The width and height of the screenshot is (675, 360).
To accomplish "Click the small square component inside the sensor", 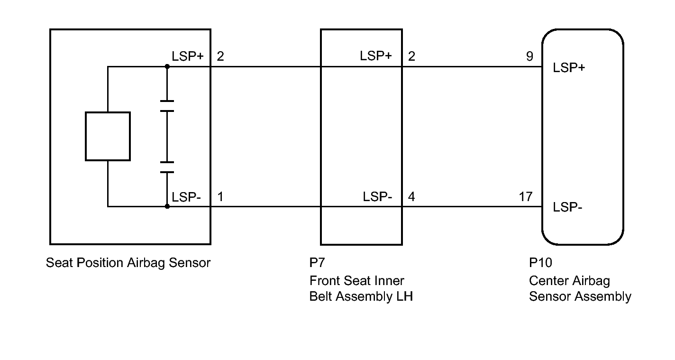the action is [x=108, y=136].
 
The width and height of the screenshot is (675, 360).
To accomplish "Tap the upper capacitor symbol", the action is [x=167, y=106].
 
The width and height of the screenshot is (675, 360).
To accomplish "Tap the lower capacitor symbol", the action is [x=167, y=167].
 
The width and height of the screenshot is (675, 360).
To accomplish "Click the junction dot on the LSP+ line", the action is [x=167, y=66].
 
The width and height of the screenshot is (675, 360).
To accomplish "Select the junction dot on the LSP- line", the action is [x=167, y=206].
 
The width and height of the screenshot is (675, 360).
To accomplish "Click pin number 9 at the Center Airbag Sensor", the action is [x=529, y=56].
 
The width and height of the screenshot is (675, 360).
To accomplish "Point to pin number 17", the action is [x=526, y=196].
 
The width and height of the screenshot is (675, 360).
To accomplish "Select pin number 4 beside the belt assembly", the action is [x=411, y=196].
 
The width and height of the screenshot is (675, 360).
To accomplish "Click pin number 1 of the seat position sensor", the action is [x=220, y=196].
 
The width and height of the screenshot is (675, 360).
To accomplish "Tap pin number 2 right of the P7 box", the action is [x=411, y=56].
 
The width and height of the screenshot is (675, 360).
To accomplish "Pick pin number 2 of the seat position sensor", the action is [x=220, y=56].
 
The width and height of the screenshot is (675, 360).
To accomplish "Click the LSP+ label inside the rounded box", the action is [x=569, y=67].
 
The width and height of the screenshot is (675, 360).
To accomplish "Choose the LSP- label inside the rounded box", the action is [x=567, y=207].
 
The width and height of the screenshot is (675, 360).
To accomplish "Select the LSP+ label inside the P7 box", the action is [x=376, y=56].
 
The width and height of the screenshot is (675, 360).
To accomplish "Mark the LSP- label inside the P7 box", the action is [x=377, y=196].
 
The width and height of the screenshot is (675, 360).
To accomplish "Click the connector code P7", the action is [x=317, y=263].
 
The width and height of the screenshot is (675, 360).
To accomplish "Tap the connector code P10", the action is [x=540, y=263].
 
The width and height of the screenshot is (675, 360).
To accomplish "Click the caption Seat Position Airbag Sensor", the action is [x=128, y=263].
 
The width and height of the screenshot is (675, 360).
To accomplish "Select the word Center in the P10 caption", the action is [x=547, y=281].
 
